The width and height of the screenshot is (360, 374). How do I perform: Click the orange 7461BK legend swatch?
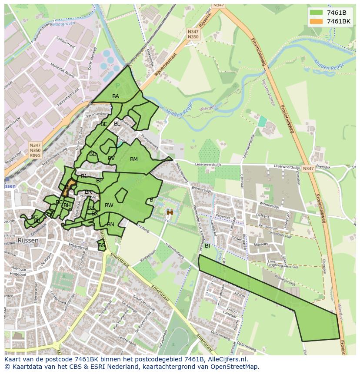coord(317,21)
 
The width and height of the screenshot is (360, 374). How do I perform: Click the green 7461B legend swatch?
coord(317,12)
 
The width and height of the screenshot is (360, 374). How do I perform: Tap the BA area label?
coord(116,96)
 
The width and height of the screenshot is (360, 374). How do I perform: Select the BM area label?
coord(134,159)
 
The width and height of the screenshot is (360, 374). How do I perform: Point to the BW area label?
coord(109,205)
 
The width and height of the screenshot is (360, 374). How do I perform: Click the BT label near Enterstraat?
coord(208,246)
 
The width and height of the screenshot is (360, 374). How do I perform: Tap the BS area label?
coord(101,245)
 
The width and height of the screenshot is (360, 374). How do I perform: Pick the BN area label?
coord(110,225)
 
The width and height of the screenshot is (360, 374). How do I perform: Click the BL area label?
coord(117,124)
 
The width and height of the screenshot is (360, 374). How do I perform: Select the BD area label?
coord(93,154)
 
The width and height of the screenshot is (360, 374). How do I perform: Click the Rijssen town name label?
coord(28,240)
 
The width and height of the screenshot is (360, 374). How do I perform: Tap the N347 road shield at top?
coord(219,5)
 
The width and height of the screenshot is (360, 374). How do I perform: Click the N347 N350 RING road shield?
coord(35,150)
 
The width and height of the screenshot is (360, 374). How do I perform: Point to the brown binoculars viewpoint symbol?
coord(170,212)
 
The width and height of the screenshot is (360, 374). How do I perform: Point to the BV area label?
coord(111,159)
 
